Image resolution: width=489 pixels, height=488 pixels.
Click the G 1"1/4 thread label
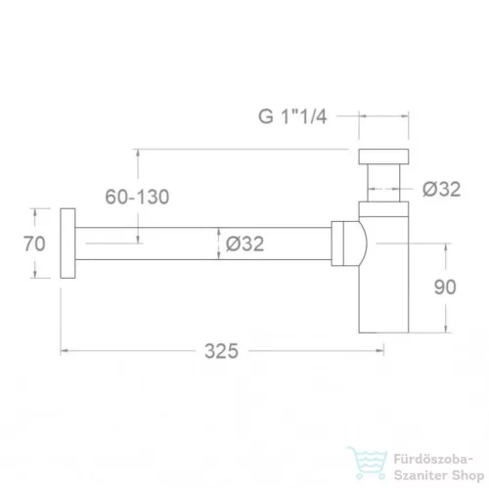[292, 116]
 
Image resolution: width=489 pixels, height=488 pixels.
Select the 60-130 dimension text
[137, 197]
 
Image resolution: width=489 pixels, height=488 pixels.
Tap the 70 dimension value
[34, 244]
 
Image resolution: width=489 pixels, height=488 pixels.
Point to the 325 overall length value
[221, 351]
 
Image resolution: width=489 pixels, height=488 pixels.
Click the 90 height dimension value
[445, 288]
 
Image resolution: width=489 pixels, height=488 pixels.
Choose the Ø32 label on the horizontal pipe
[244, 244]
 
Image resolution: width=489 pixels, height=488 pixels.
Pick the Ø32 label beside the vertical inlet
[442, 189]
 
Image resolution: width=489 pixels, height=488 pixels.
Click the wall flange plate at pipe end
[67, 244]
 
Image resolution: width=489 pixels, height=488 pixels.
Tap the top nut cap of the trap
[383, 156]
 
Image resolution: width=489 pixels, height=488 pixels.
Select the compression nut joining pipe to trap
[337, 244]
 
